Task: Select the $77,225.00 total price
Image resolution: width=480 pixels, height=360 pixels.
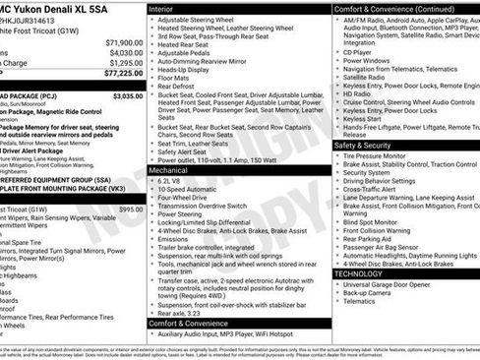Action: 119,74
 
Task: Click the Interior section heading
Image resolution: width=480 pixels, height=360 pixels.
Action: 161,8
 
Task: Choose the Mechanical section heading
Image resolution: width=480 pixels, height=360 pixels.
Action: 168,170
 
